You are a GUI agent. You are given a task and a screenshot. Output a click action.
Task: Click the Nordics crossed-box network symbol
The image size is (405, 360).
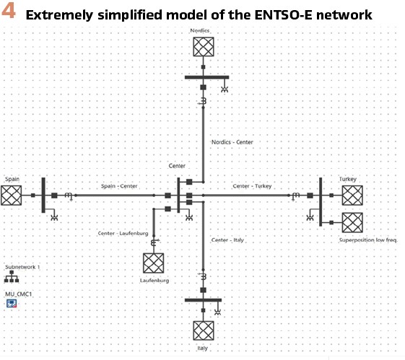pos(204,47)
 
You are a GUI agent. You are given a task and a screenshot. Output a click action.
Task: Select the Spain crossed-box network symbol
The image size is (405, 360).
pos(11,196)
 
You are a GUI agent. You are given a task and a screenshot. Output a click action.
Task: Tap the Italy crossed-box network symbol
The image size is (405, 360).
pos(204,330)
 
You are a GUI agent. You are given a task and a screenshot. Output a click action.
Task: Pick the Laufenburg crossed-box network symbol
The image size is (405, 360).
pos(154,263)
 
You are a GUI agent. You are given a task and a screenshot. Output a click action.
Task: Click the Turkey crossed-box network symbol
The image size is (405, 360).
pos(352,196)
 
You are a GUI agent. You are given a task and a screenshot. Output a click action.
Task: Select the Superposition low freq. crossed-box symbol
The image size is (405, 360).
pos(352,222)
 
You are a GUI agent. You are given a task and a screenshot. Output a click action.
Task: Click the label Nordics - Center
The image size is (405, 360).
pos(232,142)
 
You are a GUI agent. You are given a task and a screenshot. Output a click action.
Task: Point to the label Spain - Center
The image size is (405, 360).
pos(119,186)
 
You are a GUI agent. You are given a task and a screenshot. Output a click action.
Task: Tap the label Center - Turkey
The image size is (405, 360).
pos(252,186)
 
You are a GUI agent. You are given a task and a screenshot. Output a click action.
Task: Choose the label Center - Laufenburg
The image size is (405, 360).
pos(123,233)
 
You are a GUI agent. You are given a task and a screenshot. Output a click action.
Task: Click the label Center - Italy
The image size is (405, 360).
pos(227,240)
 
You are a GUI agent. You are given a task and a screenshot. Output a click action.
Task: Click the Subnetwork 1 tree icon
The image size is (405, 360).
pos(12,276)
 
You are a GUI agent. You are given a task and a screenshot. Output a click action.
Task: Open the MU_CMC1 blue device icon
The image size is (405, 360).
pos(12,304)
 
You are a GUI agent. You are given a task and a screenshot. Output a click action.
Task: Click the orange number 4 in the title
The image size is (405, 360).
pos(8,12)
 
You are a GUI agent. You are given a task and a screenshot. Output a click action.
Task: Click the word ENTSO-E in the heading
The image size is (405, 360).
pos(284,14)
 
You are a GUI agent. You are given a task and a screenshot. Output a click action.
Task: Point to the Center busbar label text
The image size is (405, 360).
pos(177,166)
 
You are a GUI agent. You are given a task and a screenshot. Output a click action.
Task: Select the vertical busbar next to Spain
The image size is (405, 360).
pos(43,195)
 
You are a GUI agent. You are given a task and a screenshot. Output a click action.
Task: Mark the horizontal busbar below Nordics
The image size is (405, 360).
pos(207,77)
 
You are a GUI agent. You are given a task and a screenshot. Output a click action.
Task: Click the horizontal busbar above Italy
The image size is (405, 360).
pos(204,300)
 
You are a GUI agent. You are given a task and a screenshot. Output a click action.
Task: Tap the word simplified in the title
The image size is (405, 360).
pos(131,15)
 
